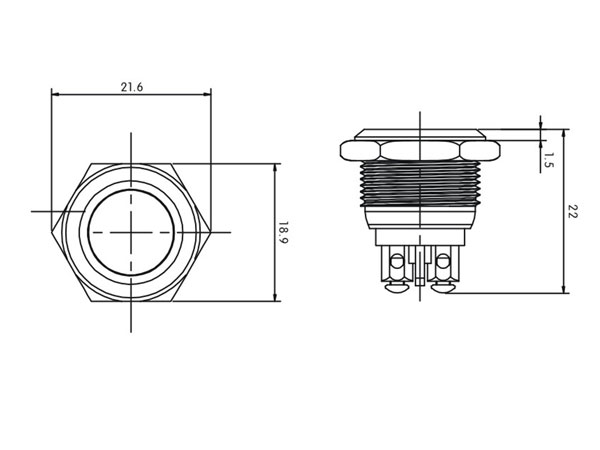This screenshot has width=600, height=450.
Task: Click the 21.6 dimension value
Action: (131, 88)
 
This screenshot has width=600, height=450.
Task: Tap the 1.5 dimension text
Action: (549, 161)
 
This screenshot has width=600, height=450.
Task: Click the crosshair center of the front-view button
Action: (131, 232)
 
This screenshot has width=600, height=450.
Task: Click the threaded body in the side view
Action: (420, 186)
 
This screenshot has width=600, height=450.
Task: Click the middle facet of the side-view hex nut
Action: (420, 151)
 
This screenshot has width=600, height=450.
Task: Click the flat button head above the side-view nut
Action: (420, 134)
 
